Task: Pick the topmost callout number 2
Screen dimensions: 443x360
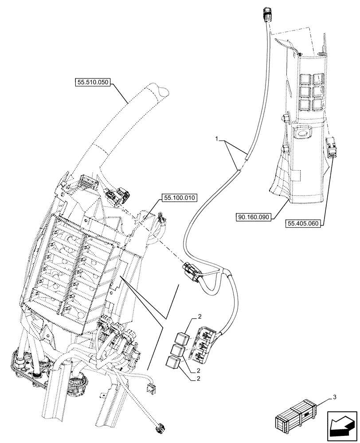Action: pyautogui.click(x=199, y=316)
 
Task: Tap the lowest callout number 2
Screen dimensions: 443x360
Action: pyautogui.click(x=199, y=379)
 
